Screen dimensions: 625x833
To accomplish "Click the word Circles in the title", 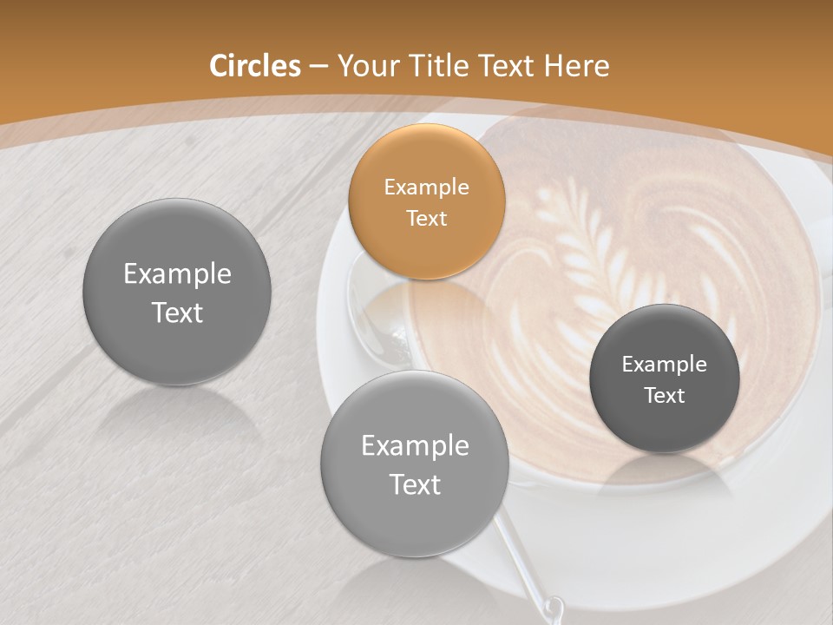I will (254, 66).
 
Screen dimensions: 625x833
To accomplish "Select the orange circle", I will (426, 201).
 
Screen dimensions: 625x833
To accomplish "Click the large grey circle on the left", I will (177, 292).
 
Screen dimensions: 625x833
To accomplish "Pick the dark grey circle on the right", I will (665, 378).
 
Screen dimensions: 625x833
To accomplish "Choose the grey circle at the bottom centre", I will (415, 464).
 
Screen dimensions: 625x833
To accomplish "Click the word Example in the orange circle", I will (426, 187).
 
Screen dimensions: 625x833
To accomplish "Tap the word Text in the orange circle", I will (426, 218).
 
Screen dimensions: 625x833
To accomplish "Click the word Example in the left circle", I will (177, 274).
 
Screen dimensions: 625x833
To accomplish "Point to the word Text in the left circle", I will (177, 312).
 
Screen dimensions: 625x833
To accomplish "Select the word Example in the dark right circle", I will (665, 364).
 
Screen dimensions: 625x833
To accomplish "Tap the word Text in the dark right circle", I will (665, 395).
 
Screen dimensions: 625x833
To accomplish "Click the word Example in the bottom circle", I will (415, 446).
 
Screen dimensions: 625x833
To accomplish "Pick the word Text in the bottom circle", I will (415, 484).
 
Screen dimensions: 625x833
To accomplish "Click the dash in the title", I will (318, 67).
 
